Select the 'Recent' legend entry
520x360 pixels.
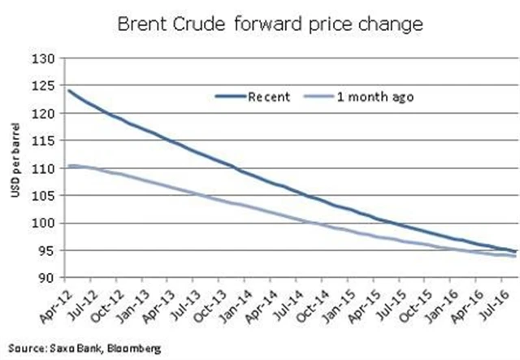pos(269,96)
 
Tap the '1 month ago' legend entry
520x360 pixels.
pos(377,96)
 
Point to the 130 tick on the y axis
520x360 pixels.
pos(43,59)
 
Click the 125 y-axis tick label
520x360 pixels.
pos(43,86)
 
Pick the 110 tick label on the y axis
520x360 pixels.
pos(43,168)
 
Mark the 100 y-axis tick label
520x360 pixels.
pos(43,223)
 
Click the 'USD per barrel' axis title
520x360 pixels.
pos(14,168)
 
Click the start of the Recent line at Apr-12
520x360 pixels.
pos(68,91)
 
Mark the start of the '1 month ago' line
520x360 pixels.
pos(68,166)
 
